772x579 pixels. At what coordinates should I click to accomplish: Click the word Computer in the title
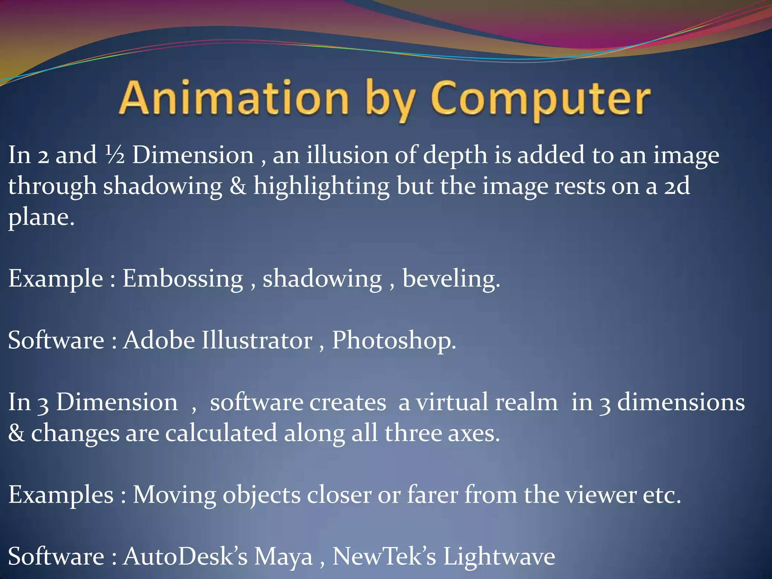(541, 99)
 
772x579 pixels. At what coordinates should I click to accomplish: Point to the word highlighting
(321, 187)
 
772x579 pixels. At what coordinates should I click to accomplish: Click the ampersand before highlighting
(237, 186)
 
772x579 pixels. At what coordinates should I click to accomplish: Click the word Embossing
(183, 279)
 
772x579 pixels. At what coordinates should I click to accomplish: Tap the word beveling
(451, 279)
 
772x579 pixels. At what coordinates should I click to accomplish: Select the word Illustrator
(257, 340)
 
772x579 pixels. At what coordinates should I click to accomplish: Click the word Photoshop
(394, 341)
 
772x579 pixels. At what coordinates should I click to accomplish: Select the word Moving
(174, 495)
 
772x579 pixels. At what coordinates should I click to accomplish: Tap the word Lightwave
(498, 556)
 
